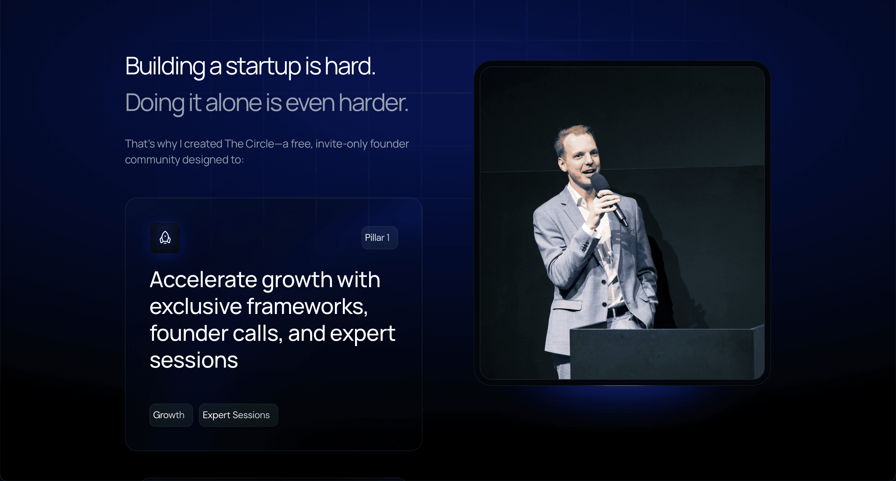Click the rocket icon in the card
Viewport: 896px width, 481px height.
pyautogui.click(x=165, y=238)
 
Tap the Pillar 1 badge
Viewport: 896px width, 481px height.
pyautogui.click(x=379, y=237)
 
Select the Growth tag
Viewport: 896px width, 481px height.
pyautogui.click(x=171, y=415)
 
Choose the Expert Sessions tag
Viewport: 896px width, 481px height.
pyautogui.click(x=238, y=415)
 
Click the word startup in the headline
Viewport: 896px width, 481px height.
pyautogui.click(x=263, y=66)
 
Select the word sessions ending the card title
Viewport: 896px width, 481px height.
pyautogui.click(x=194, y=360)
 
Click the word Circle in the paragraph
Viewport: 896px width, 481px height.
pyautogui.click(x=259, y=144)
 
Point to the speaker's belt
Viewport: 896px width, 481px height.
pyautogui.click(x=617, y=311)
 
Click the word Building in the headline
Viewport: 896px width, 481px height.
pyautogui.click(x=165, y=67)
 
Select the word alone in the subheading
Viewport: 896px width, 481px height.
pyautogui.click(x=233, y=103)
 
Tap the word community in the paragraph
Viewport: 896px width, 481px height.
pyautogui.click(x=152, y=160)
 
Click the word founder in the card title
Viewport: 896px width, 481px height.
pyautogui.click(x=189, y=333)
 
